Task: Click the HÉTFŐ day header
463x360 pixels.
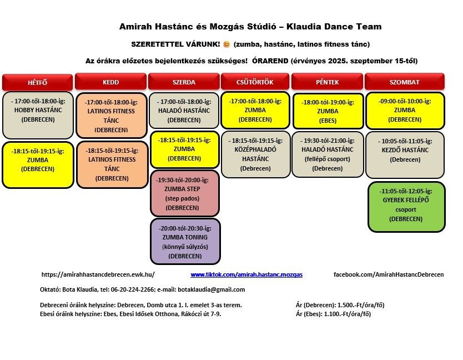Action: click(37, 82)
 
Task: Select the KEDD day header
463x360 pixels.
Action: click(110, 82)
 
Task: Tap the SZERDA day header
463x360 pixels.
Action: click(184, 82)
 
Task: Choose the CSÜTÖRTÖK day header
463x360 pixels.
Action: click(255, 82)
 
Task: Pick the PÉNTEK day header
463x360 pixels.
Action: click(327, 82)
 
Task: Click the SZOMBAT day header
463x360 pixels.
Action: click(405, 82)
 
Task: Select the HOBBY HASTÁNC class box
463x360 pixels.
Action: click(38, 114)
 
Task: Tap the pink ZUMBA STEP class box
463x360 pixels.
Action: click(184, 194)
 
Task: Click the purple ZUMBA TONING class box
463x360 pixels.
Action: click(185, 242)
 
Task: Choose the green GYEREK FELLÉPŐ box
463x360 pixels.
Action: click(406, 206)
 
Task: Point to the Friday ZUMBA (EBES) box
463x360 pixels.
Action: click(328, 111)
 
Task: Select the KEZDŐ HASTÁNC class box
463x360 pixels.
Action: click(405, 154)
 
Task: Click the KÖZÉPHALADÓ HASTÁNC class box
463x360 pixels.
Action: click(255, 154)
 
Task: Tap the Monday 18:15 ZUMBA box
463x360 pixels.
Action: click(38, 164)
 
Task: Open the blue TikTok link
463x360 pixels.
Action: click(246, 274)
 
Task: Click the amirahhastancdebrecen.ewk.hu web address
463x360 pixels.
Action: click(98, 274)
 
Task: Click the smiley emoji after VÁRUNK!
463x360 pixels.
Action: click(226, 44)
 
